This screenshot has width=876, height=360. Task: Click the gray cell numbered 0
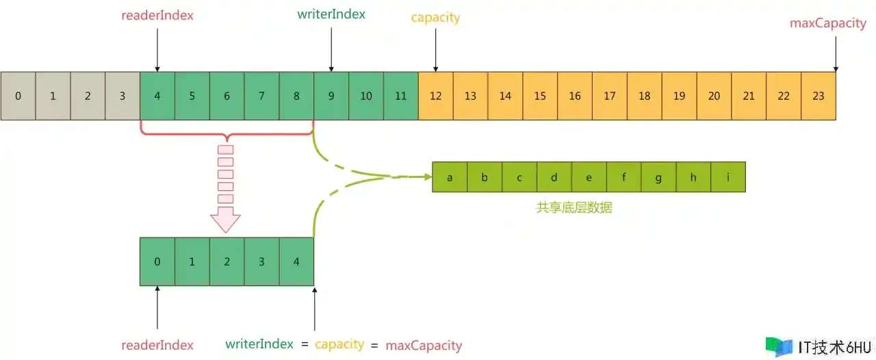(x=18, y=96)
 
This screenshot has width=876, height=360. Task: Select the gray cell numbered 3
(x=123, y=96)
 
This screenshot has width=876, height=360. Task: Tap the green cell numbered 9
(x=331, y=96)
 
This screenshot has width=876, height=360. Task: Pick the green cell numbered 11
(x=401, y=96)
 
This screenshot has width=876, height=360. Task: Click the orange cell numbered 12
(x=436, y=96)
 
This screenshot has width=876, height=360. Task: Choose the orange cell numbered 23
(x=819, y=96)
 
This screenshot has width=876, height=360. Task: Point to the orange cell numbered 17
(x=610, y=96)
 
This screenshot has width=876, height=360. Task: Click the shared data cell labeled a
(x=450, y=177)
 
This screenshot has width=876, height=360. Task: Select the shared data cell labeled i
(x=728, y=177)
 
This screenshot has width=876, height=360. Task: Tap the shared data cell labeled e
(x=589, y=177)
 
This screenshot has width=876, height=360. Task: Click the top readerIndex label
(x=157, y=15)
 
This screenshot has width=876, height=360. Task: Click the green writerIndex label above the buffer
(x=331, y=14)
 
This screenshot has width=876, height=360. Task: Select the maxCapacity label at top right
(x=828, y=23)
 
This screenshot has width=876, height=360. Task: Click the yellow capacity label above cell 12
(x=436, y=18)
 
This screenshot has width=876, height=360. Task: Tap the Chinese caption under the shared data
(x=574, y=207)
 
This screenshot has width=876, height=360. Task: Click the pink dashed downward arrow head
(x=225, y=220)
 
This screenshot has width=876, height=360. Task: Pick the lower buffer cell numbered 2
(x=227, y=261)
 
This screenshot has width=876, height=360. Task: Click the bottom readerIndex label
(x=157, y=345)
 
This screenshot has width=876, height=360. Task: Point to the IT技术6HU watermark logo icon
(x=779, y=347)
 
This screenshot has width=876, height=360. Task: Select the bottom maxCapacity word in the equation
(x=424, y=346)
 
